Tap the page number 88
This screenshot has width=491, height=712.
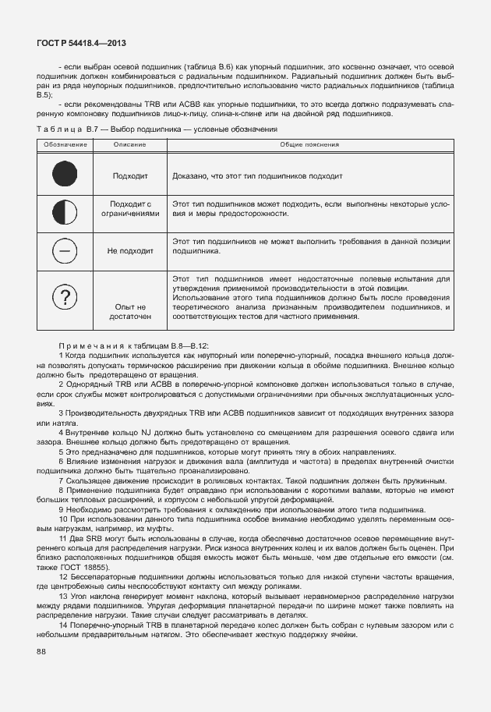(39, 652)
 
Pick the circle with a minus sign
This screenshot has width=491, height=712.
(65, 250)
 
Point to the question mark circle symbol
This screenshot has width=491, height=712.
(65, 297)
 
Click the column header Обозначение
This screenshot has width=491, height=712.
(65, 145)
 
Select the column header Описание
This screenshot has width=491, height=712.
(129, 145)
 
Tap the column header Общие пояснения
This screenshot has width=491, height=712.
(309, 145)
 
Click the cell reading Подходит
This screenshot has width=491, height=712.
(129, 176)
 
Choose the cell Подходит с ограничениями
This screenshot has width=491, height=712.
(129, 208)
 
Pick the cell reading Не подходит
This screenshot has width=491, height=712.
(129, 251)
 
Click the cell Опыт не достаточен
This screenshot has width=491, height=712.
(129, 312)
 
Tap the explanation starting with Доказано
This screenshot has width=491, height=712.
(257, 176)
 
